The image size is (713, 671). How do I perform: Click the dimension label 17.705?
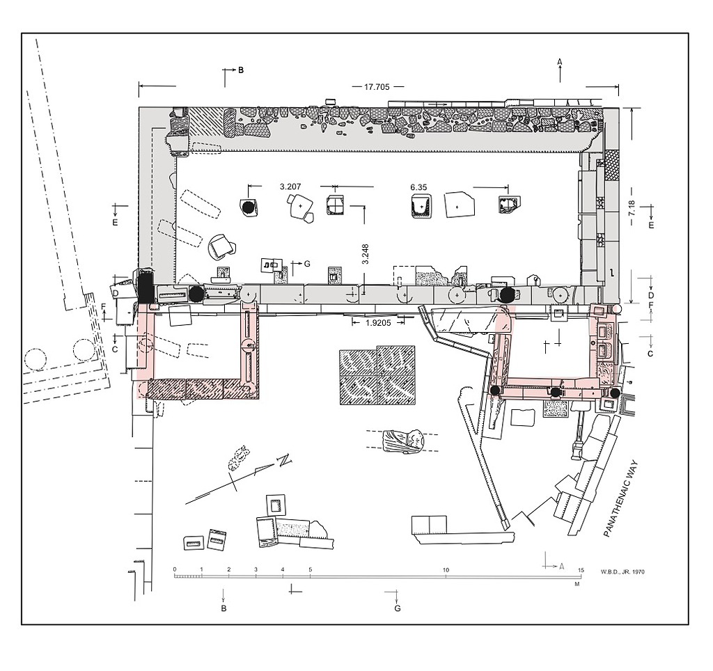tap(377, 87)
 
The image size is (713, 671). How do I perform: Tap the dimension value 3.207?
tap(290, 187)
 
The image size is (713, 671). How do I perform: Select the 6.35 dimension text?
tap(418, 187)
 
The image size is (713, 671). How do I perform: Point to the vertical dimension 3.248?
tap(365, 254)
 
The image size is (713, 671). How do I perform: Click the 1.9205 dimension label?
tap(378, 322)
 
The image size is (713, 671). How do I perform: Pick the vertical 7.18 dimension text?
tap(632, 209)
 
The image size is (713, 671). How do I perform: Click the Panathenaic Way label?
tap(621, 498)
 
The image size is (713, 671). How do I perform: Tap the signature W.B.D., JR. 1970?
tap(622, 571)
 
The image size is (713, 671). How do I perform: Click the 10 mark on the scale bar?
tap(446, 570)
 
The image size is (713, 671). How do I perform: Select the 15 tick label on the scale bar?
tap(581, 570)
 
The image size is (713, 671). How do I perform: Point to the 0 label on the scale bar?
tap(175, 569)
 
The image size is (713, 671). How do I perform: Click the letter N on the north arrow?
tap(285, 460)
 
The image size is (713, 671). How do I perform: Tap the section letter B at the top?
tap(241, 70)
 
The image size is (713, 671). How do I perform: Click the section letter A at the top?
tap(560, 62)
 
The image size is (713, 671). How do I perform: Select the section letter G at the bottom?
tap(398, 608)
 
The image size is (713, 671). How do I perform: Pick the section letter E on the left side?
tap(115, 222)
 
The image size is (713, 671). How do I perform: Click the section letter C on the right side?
tap(650, 354)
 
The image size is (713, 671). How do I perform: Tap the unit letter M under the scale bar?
tap(577, 584)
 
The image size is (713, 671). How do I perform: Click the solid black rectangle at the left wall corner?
tap(146, 285)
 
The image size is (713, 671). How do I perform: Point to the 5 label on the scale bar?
tap(311, 569)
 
